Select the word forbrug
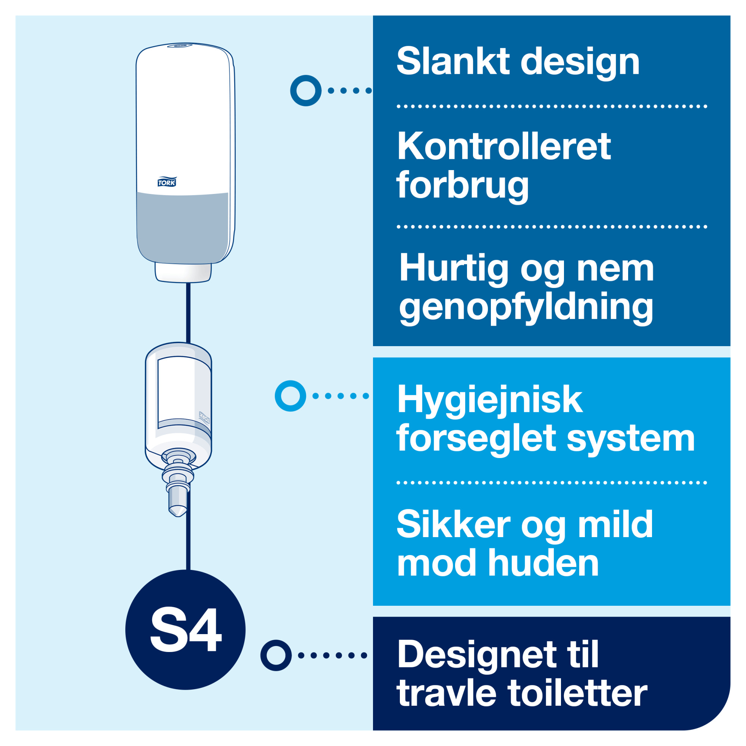(x=462, y=186)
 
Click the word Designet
(x=477, y=655)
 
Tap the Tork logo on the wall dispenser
(x=167, y=182)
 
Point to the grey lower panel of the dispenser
(x=182, y=228)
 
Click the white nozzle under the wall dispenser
(x=183, y=273)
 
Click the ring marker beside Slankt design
(x=306, y=90)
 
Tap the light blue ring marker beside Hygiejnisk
(x=290, y=396)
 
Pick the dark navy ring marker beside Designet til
(x=276, y=655)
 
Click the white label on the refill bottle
(x=176, y=392)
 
